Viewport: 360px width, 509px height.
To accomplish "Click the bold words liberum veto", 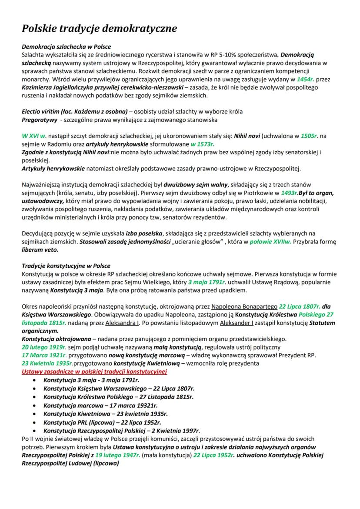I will (40, 250).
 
